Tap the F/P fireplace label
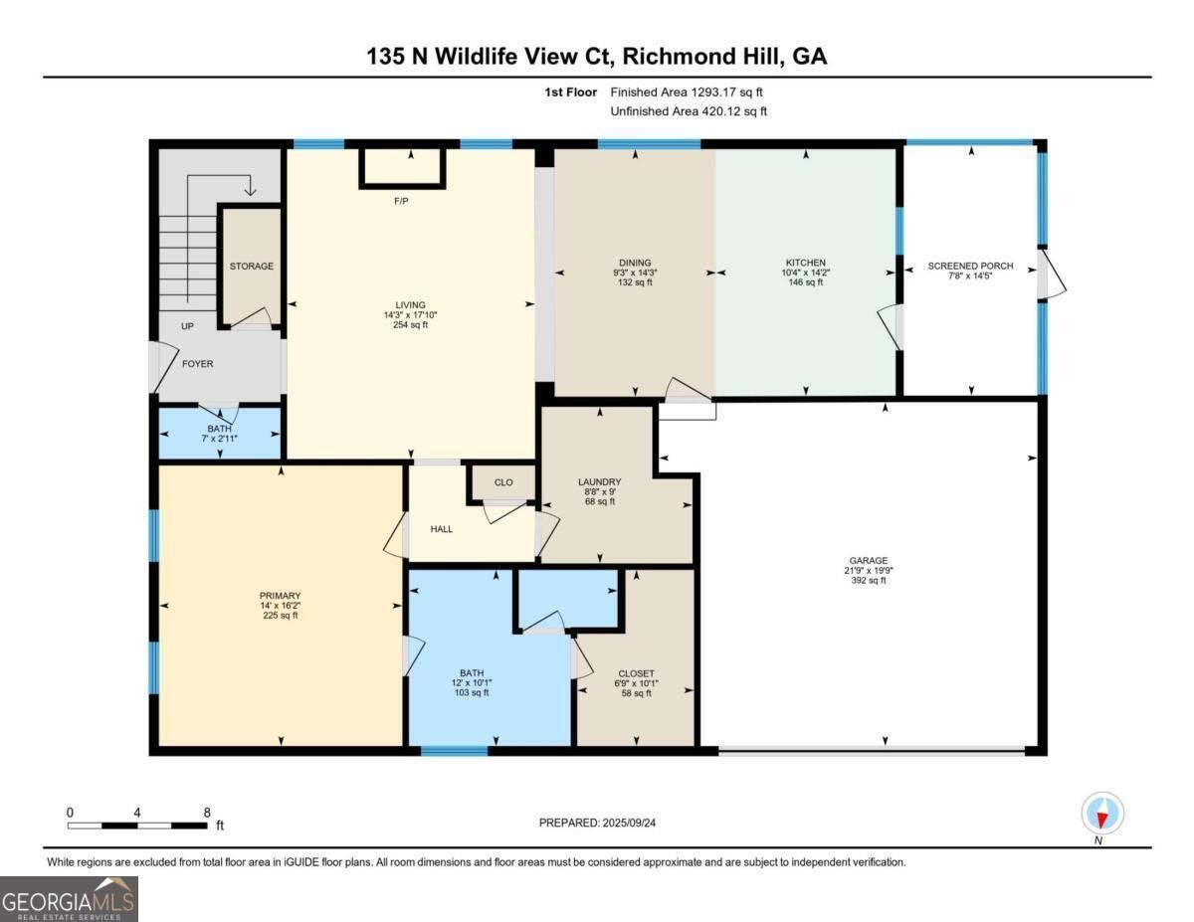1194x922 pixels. coord(402,201)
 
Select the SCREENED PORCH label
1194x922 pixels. coord(970,266)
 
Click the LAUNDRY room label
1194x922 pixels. coord(599,481)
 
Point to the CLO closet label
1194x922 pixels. coord(503,482)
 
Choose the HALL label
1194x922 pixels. coord(442,529)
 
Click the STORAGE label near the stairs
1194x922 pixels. coord(251,267)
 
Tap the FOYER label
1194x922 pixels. coord(197,364)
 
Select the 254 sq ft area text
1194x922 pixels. coord(410,325)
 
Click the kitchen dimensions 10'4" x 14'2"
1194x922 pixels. coord(805,273)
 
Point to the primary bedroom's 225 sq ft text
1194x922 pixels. coord(281,616)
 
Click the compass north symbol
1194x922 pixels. coord(1101,814)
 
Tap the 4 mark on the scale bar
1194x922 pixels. coord(137,813)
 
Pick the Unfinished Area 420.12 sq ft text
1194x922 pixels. coord(689,111)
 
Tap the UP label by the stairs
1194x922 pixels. coord(187,326)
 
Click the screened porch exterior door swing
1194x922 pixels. coord(1052,273)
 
